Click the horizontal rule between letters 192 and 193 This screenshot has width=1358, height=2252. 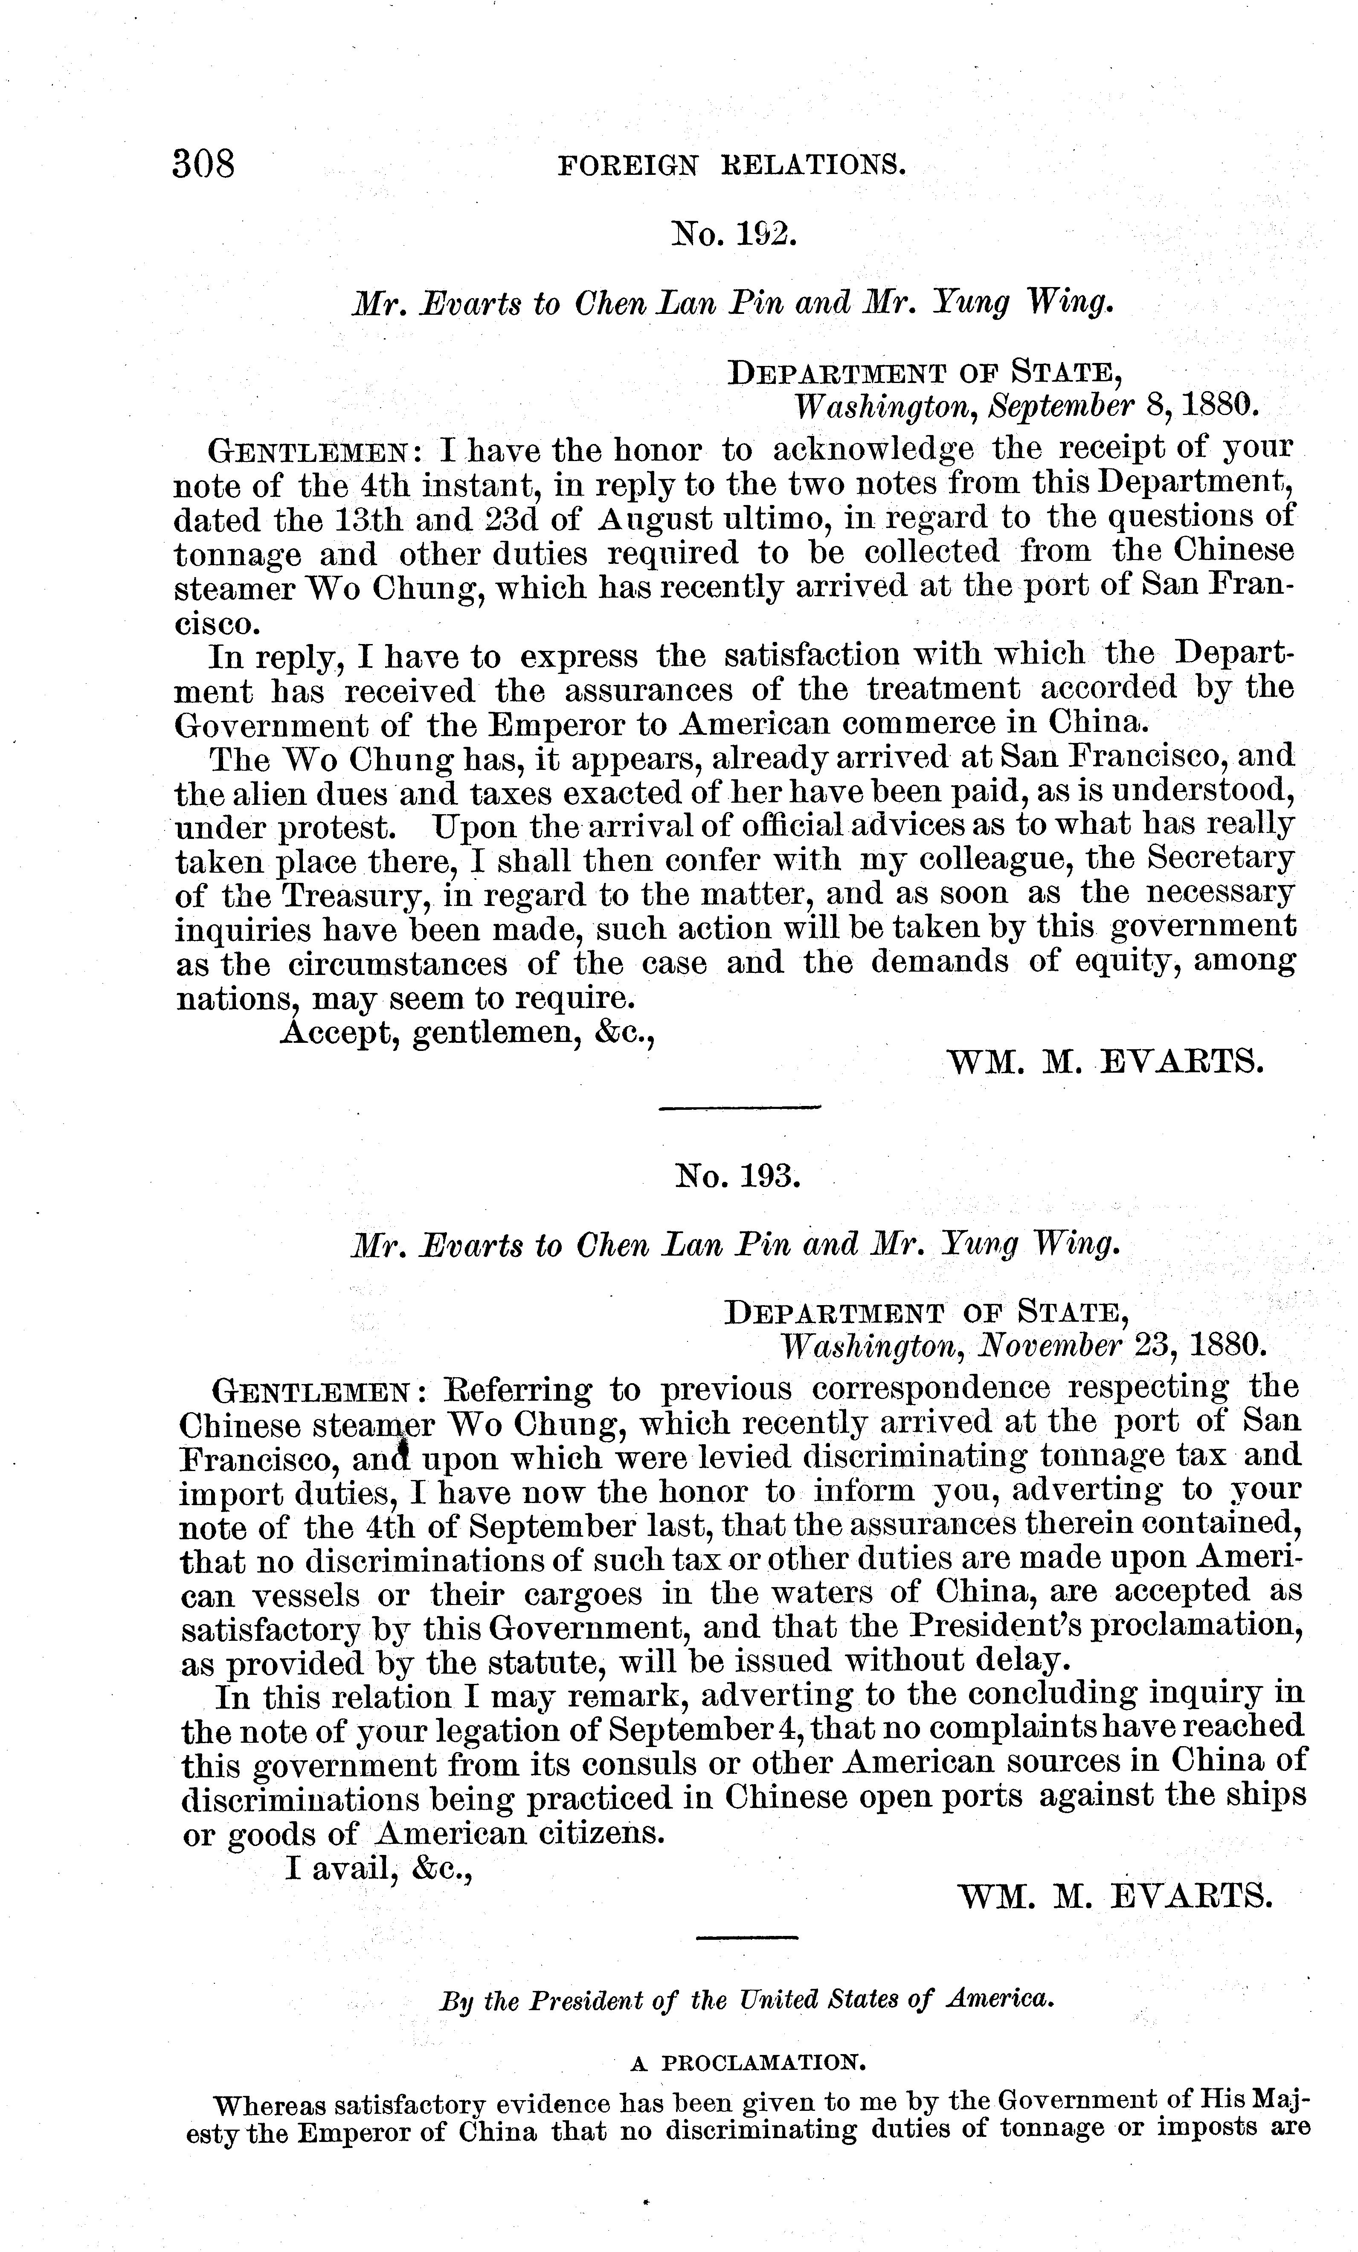(740, 1109)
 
